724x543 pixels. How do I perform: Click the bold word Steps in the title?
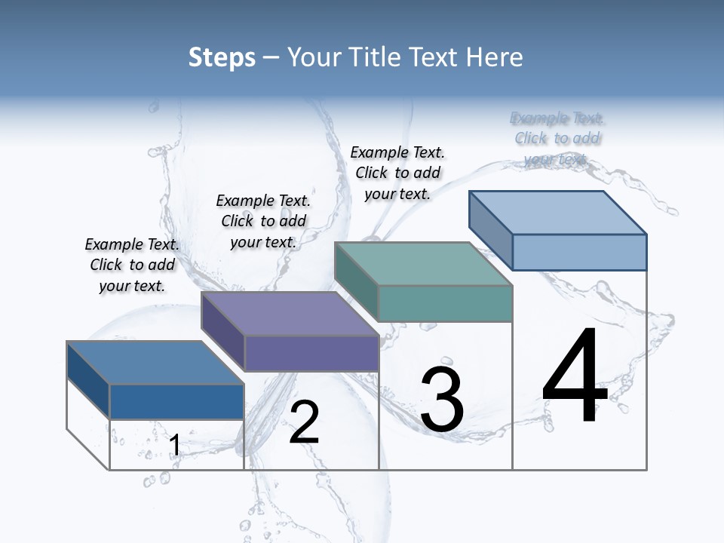point(222,57)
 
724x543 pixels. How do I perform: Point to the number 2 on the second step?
point(305,422)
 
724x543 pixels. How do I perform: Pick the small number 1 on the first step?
point(174,446)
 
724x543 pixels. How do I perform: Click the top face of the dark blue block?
point(155,363)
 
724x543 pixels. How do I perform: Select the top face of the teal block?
point(424,264)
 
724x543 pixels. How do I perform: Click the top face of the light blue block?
point(558,212)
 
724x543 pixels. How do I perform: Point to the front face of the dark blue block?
point(176,401)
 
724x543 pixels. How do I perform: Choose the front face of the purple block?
point(311,353)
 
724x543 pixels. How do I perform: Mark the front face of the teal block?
point(445,303)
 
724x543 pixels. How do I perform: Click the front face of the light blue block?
point(579,252)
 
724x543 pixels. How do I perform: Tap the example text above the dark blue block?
point(132,265)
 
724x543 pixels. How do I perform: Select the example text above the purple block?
point(263,221)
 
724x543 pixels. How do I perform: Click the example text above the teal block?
point(397,173)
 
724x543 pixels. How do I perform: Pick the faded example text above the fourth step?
point(557,138)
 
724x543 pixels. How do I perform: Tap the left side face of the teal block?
point(356,281)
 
